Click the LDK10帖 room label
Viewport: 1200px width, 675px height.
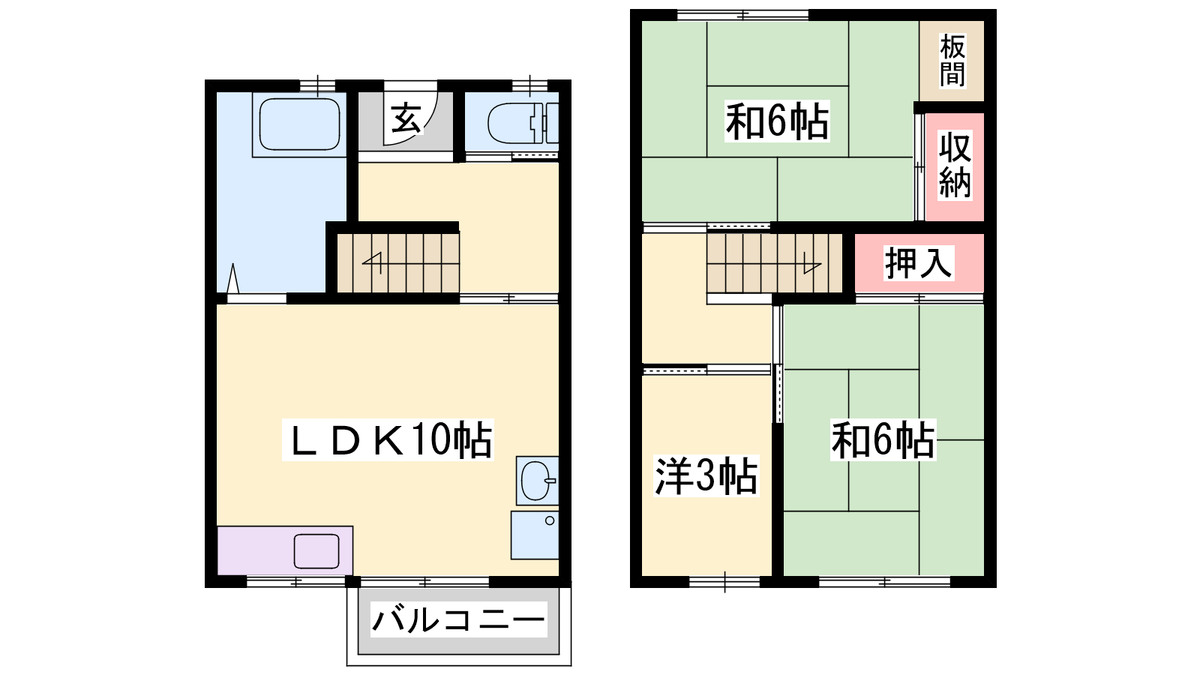click(388, 440)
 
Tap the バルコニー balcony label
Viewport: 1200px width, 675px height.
click(458, 619)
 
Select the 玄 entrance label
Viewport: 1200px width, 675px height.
click(406, 118)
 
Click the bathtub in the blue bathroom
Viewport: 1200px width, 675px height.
click(299, 124)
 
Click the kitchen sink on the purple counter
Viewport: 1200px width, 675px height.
click(316, 550)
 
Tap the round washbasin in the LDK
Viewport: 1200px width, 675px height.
click(537, 481)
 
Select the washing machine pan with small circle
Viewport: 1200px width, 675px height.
click(535, 535)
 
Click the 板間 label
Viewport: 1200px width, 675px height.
click(952, 60)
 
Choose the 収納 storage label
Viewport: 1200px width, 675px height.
click(955, 165)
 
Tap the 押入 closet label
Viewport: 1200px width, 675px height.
click(918, 263)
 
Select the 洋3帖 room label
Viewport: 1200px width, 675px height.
click(706, 475)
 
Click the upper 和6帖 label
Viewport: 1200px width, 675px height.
click(777, 121)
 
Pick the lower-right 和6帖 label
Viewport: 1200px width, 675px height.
click(883, 440)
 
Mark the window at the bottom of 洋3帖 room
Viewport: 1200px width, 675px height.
click(724, 581)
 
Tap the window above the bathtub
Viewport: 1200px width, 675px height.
click(317, 85)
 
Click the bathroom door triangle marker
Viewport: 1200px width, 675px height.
click(232, 278)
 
